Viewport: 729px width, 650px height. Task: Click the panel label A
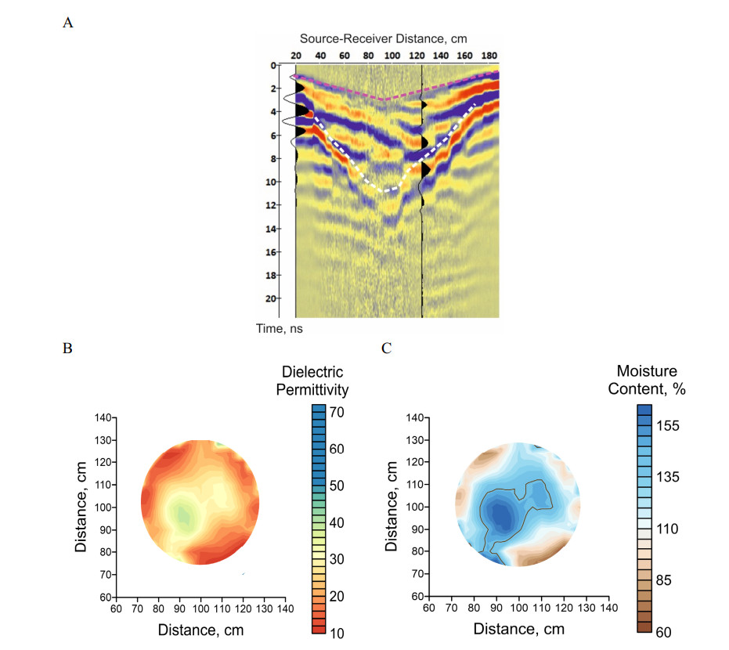click(69, 23)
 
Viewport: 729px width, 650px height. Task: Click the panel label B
click(69, 348)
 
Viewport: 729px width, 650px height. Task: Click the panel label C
click(384, 348)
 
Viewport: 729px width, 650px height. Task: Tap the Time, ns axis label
click(280, 329)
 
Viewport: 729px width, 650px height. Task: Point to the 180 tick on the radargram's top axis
click(489, 56)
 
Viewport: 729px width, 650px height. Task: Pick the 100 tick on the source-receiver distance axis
click(392, 56)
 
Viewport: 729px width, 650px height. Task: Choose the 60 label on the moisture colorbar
click(667, 631)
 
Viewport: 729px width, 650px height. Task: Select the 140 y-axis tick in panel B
click(103, 417)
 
